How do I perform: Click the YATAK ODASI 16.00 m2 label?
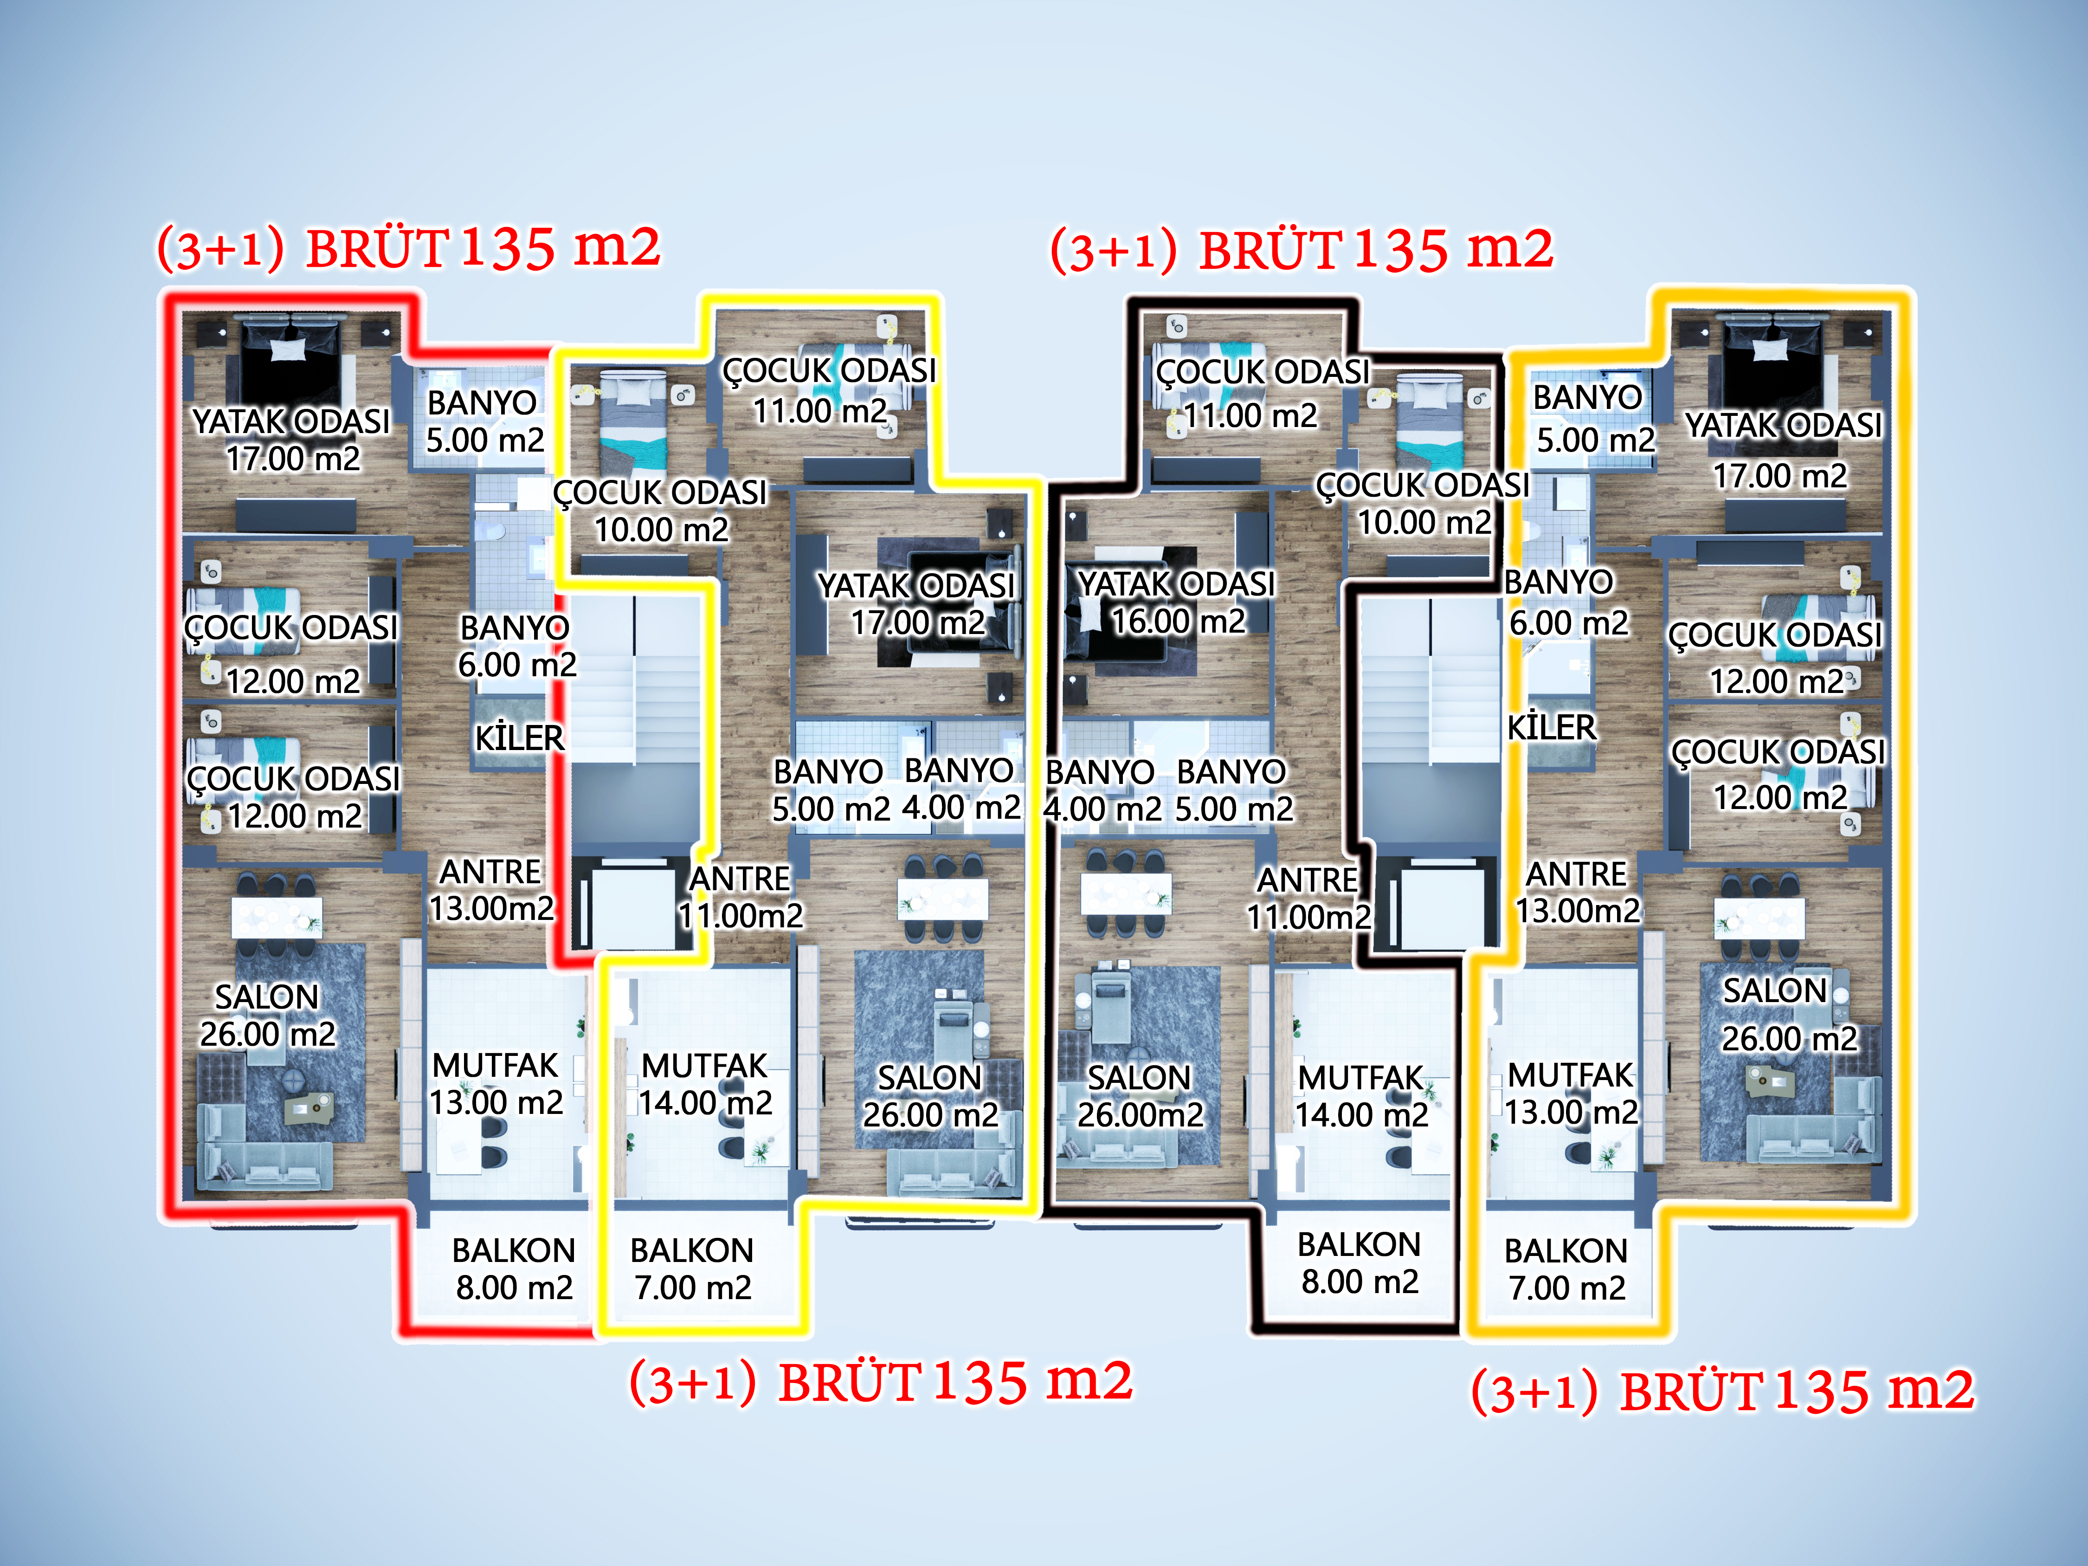coord(1176,602)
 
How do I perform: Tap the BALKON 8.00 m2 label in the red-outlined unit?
coord(514,1268)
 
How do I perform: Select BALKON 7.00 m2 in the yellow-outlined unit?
coord(692,1268)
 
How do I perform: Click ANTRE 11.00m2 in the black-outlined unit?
coord(1308,898)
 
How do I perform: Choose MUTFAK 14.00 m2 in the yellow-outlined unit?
coord(705,1084)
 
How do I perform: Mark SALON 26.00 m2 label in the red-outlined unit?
coord(267,1015)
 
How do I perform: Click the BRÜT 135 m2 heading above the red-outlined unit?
coord(409,247)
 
